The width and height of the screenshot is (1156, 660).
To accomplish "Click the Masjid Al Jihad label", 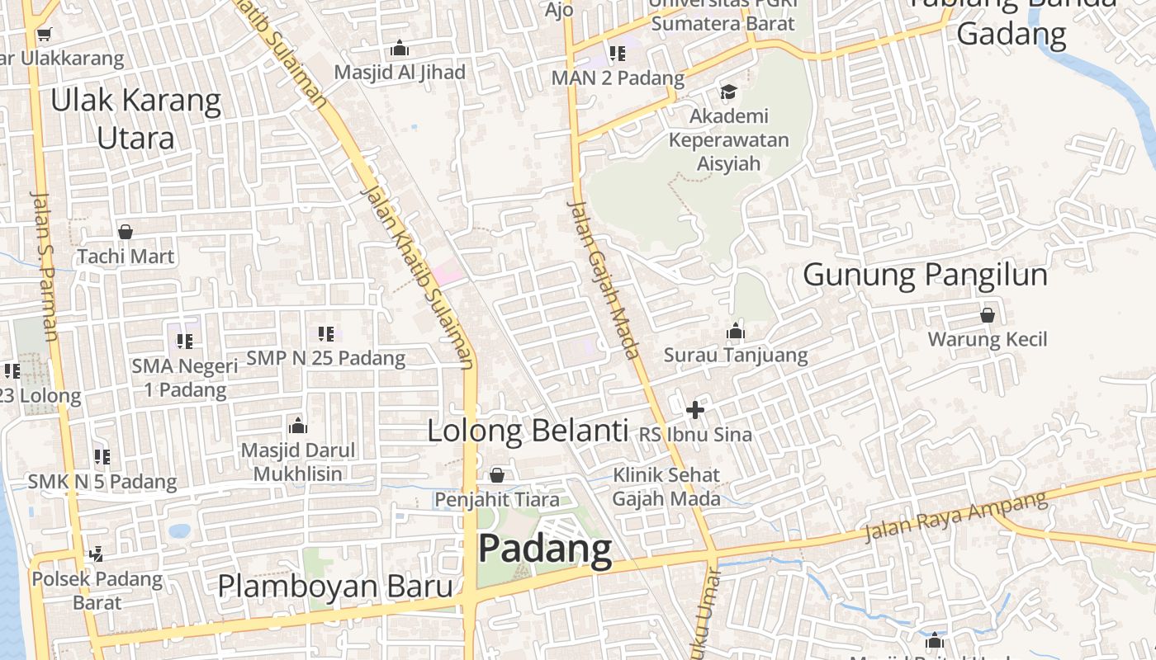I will point(400,72).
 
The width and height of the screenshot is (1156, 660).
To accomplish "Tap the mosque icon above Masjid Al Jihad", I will point(400,49).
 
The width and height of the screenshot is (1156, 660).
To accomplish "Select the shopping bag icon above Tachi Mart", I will point(126,232).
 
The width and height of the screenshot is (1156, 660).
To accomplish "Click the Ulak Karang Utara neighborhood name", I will point(136,119).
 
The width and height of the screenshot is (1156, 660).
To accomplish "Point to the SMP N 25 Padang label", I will point(326,358).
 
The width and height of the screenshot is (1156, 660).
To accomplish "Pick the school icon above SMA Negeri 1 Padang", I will point(184,341).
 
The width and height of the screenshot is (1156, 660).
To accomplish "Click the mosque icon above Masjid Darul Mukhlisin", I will point(298,426).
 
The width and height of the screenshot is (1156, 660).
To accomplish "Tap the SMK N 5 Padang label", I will point(102,481).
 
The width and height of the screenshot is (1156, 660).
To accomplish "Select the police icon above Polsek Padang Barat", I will point(97,554).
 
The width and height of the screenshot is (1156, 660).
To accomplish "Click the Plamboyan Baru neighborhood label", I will point(335,586).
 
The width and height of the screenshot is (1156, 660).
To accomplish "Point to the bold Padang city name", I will point(545,549).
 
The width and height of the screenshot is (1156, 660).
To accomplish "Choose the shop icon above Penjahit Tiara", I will point(497,475).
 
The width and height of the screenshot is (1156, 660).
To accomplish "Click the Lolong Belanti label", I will point(528,431).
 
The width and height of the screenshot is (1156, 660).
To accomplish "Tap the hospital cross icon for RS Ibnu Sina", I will point(695,409).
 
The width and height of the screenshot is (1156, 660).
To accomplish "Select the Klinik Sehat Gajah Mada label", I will point(666,487).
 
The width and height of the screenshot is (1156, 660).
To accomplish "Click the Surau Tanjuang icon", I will point(736,332).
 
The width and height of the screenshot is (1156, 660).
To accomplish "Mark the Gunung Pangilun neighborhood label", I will point(925,274).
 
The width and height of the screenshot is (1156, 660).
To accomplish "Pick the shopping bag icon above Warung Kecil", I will point(987,315).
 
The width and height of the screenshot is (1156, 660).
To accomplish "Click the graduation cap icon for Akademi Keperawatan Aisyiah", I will point(728,92).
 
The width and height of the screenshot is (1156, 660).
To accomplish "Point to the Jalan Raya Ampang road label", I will point(955,516).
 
